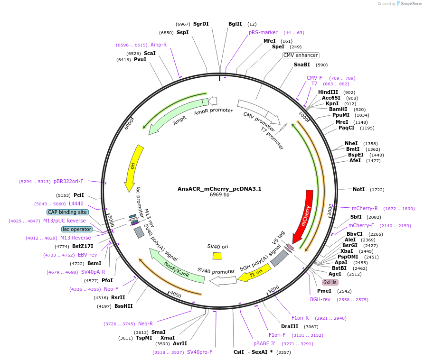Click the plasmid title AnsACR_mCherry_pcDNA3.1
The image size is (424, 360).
[219, 188]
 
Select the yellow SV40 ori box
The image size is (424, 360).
[217, 256]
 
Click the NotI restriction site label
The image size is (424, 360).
[359, 189]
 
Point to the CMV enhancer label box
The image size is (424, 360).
[301, 55]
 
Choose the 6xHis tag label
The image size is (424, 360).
[330, 282]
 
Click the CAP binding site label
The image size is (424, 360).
[67, 212]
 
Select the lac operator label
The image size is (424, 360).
[77, 229]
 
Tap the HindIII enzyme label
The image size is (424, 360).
[328, 92]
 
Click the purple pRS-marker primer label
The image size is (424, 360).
[263, 33]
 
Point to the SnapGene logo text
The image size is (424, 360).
[410, 4]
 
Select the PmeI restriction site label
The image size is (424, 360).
[324, 291]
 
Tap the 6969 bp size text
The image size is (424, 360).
[219, 194]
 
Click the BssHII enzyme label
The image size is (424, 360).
[123, 306]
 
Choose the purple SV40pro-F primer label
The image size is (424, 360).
[199, 352]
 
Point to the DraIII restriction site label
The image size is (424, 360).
[290, 326]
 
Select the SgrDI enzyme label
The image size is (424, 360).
[201, 24]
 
